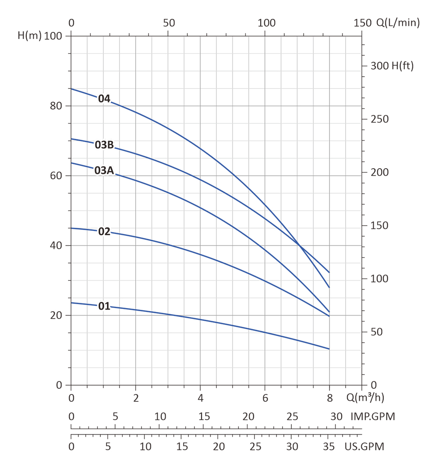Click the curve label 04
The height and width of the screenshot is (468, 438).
tap(104, 99)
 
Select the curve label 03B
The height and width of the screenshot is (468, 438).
tap(104, 145)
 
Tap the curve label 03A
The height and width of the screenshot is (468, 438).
tap(104, 170)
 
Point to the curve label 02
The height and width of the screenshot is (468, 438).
tap(104, 232)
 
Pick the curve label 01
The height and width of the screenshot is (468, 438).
tap(104, 306)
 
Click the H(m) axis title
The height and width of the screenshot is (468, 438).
tap(29, 36)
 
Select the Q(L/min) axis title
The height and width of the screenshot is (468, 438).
tap(398, 23)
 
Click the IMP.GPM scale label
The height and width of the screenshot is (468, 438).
tap(372, 416)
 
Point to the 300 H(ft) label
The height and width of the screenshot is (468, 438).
tap(392, 66)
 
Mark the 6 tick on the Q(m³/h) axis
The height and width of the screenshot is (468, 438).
tap(265, 398)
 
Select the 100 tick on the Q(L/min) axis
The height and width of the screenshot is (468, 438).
tap(266, 23)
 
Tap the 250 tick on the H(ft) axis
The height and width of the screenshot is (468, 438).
tap(379, 119)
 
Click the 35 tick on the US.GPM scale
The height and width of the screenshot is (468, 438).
tap(328, 447)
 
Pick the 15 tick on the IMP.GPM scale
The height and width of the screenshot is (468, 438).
tap(204, 416)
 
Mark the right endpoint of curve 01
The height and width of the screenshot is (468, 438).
tap(329, 349)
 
